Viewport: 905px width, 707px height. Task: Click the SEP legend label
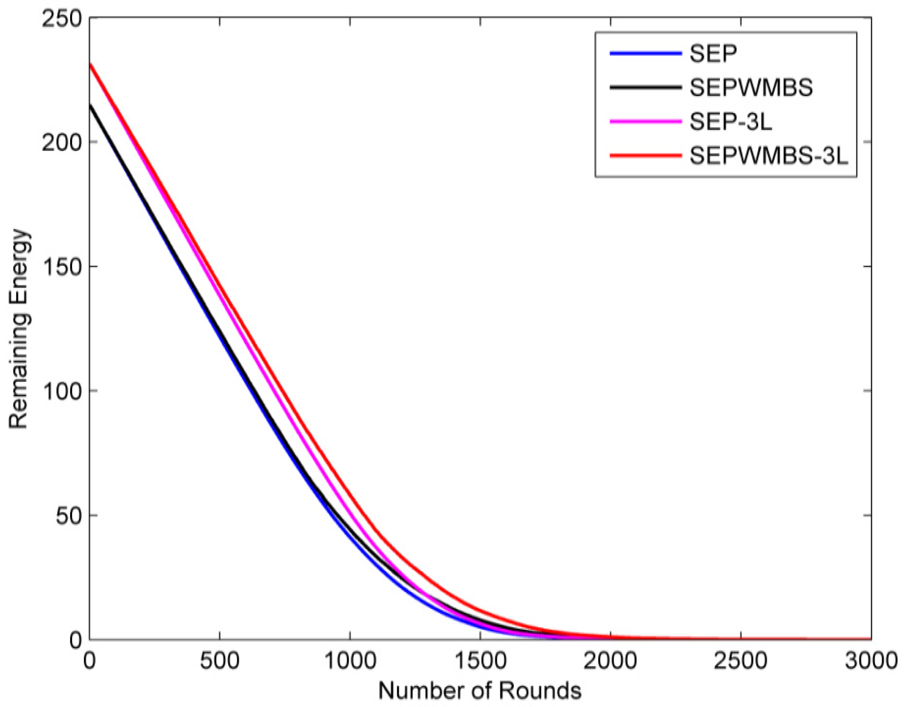click(x=712, y=53)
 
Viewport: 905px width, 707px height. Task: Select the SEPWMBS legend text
click(x=751, y=88)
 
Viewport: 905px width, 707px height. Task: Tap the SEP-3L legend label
click(x=731, y=122)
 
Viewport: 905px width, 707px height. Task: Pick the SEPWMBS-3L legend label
click(x=769, y=156)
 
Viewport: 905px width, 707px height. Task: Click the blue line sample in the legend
click(x=645, y=53)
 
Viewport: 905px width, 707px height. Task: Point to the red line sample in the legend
click(x=645, y=156)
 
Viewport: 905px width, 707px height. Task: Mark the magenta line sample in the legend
click(x=645, y=122)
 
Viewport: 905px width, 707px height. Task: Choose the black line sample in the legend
click(x=645, y=88)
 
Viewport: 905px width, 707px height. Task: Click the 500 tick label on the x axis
click(x=220, y=661)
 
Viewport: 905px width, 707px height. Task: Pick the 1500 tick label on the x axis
click(x=480, y=661)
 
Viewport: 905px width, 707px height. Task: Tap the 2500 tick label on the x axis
click(x=741, y=661)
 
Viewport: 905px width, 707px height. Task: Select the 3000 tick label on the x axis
click(x=870, y=661)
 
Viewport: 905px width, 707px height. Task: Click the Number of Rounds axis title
click(x=480, y=691)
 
